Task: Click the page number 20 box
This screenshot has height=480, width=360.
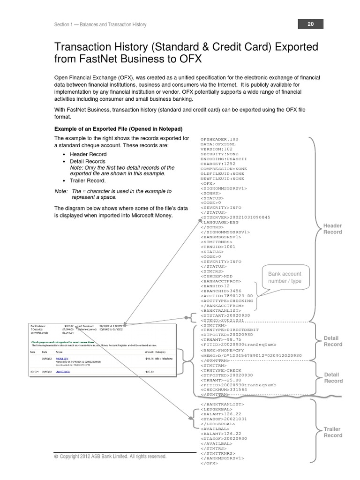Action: coord(310,24)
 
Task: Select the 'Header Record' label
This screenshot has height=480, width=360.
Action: coord(332,229)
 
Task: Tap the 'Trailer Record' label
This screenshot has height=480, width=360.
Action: coord(332,432)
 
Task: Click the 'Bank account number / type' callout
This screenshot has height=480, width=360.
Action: coord(285,277)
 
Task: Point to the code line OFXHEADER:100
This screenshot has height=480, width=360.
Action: coord(219,139)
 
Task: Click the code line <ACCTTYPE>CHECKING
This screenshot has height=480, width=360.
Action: coord(226,300)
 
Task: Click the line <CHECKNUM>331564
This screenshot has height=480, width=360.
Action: coord(224,389)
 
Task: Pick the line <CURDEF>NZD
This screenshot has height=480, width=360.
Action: coord(217,276)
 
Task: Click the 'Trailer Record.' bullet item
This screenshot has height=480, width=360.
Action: coord(88,180)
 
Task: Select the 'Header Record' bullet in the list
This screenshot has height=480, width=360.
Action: coord(88,154)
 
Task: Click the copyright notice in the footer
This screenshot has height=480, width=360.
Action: coord(110,456)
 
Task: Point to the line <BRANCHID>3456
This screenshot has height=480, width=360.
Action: coord(221,291)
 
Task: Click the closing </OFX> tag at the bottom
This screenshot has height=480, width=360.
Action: coord(209,463)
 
